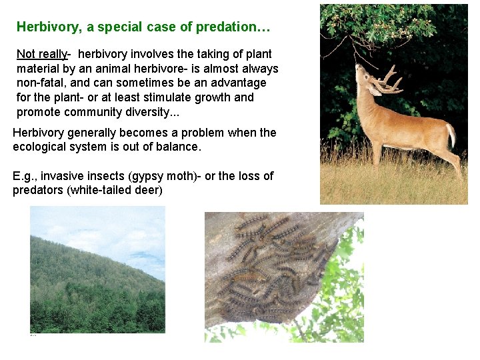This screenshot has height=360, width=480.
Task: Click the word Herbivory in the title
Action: coord(44,27)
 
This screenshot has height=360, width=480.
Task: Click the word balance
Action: coord(177,147)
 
